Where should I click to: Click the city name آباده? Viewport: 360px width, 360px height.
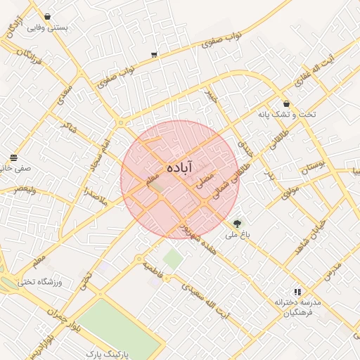click(x=182, y=168)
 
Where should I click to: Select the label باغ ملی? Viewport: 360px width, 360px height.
click(x=233, y=236)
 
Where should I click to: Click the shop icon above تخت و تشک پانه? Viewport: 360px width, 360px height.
click(x=287, y=103)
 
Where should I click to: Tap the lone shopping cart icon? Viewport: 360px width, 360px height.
click(x=154, y=54)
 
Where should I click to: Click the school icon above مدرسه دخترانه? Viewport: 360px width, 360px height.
click(x=297, y=290)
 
